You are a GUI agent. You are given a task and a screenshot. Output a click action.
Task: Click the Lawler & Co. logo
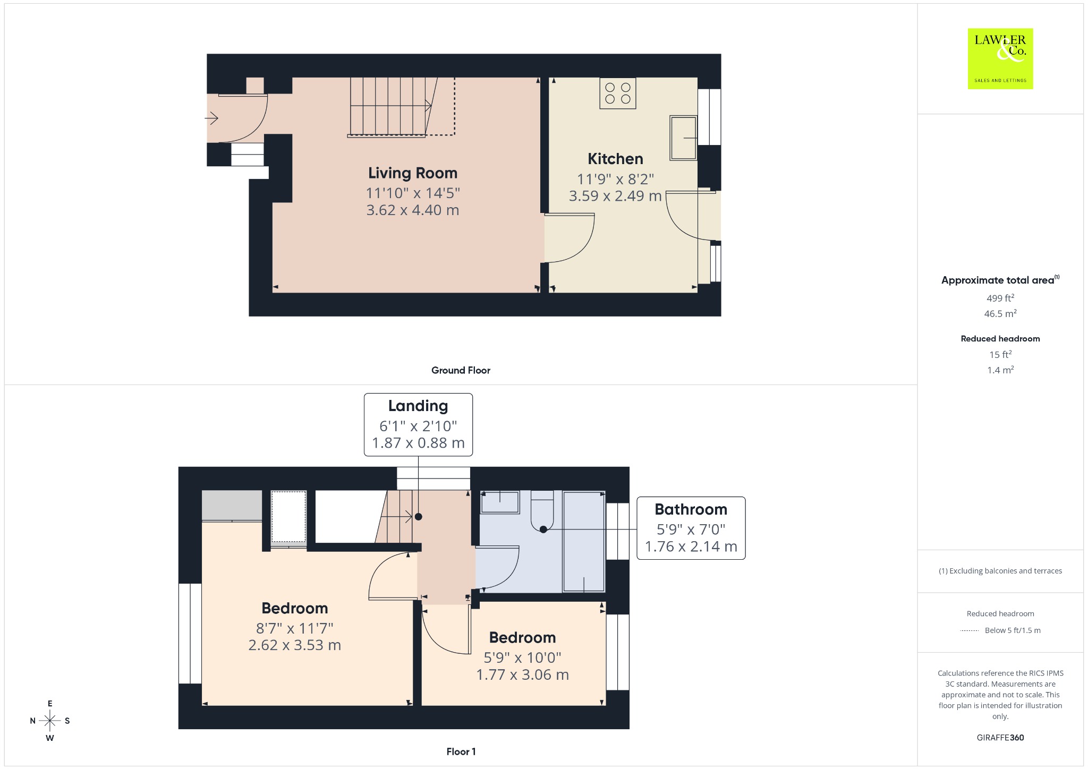click(1000, 58)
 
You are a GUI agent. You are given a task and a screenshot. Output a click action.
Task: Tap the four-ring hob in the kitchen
click(618, 93)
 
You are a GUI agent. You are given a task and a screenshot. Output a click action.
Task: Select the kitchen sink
click(683, 138)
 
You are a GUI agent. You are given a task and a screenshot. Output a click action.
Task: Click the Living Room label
click(413, 173)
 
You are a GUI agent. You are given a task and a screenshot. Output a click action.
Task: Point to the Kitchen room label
click(615, 159)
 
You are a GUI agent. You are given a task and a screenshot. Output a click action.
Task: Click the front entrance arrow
click(212, 118)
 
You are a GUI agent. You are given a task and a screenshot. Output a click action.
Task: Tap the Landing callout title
click(418, 406)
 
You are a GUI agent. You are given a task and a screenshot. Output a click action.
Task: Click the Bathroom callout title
click(691, 509)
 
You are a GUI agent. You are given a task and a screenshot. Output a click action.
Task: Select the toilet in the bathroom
click(542, 510)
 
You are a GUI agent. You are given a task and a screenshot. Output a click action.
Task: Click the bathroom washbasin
click(500, 502)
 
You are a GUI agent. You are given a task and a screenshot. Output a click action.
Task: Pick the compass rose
click(50, 721)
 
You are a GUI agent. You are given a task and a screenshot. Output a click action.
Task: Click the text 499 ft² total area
click(1000, 298)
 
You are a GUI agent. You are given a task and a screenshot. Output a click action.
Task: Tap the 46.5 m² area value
click(1000, 313)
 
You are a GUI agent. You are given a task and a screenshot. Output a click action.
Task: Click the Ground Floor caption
click(461, 370)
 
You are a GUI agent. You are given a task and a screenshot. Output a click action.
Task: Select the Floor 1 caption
click(461, 751)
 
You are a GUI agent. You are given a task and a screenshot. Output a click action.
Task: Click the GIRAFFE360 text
click(1000, 738)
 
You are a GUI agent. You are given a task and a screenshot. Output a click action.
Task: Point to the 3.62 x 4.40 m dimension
click(413, 210)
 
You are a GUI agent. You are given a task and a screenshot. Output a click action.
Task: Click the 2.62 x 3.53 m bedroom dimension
click(295, 645)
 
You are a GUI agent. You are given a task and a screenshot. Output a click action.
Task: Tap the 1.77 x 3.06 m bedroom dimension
click(523, 675)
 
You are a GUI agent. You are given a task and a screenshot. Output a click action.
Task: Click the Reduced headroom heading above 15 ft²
click(1000, 339)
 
